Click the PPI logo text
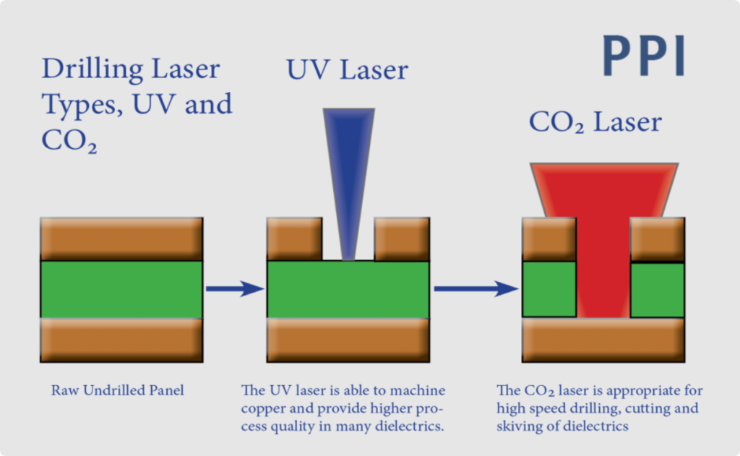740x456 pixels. pyautogui.click(x=643, y=56)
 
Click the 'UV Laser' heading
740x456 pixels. pyautogui.click(x=347, y=70)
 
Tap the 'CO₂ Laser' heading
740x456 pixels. pyautogui.click(x=595, y=122)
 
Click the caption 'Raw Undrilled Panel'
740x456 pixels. pyautogui.click(x=117, y=390)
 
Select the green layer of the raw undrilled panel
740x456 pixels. pyautogui.click(x=121, y=289)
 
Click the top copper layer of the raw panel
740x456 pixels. pyautogui.click(x=121, y=238)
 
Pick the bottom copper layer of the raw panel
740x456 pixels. pyautogui.click(x=121, y=340)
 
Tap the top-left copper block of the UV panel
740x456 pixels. pyautogui.click(x=295, y=238)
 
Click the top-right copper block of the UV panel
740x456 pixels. pyautogui.click(x=402, y=238)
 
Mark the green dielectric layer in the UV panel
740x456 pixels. pyautogui.click(x=348, y=289)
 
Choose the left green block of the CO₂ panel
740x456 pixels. pyautogui.click(x=548, y=289)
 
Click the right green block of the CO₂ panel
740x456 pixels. pyautogui.click(x=658, y=290)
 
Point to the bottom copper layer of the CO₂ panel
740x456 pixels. pyautogui.click(x=603, y=340)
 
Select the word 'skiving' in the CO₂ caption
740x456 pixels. pyautogui.click(x=520, y=426)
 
